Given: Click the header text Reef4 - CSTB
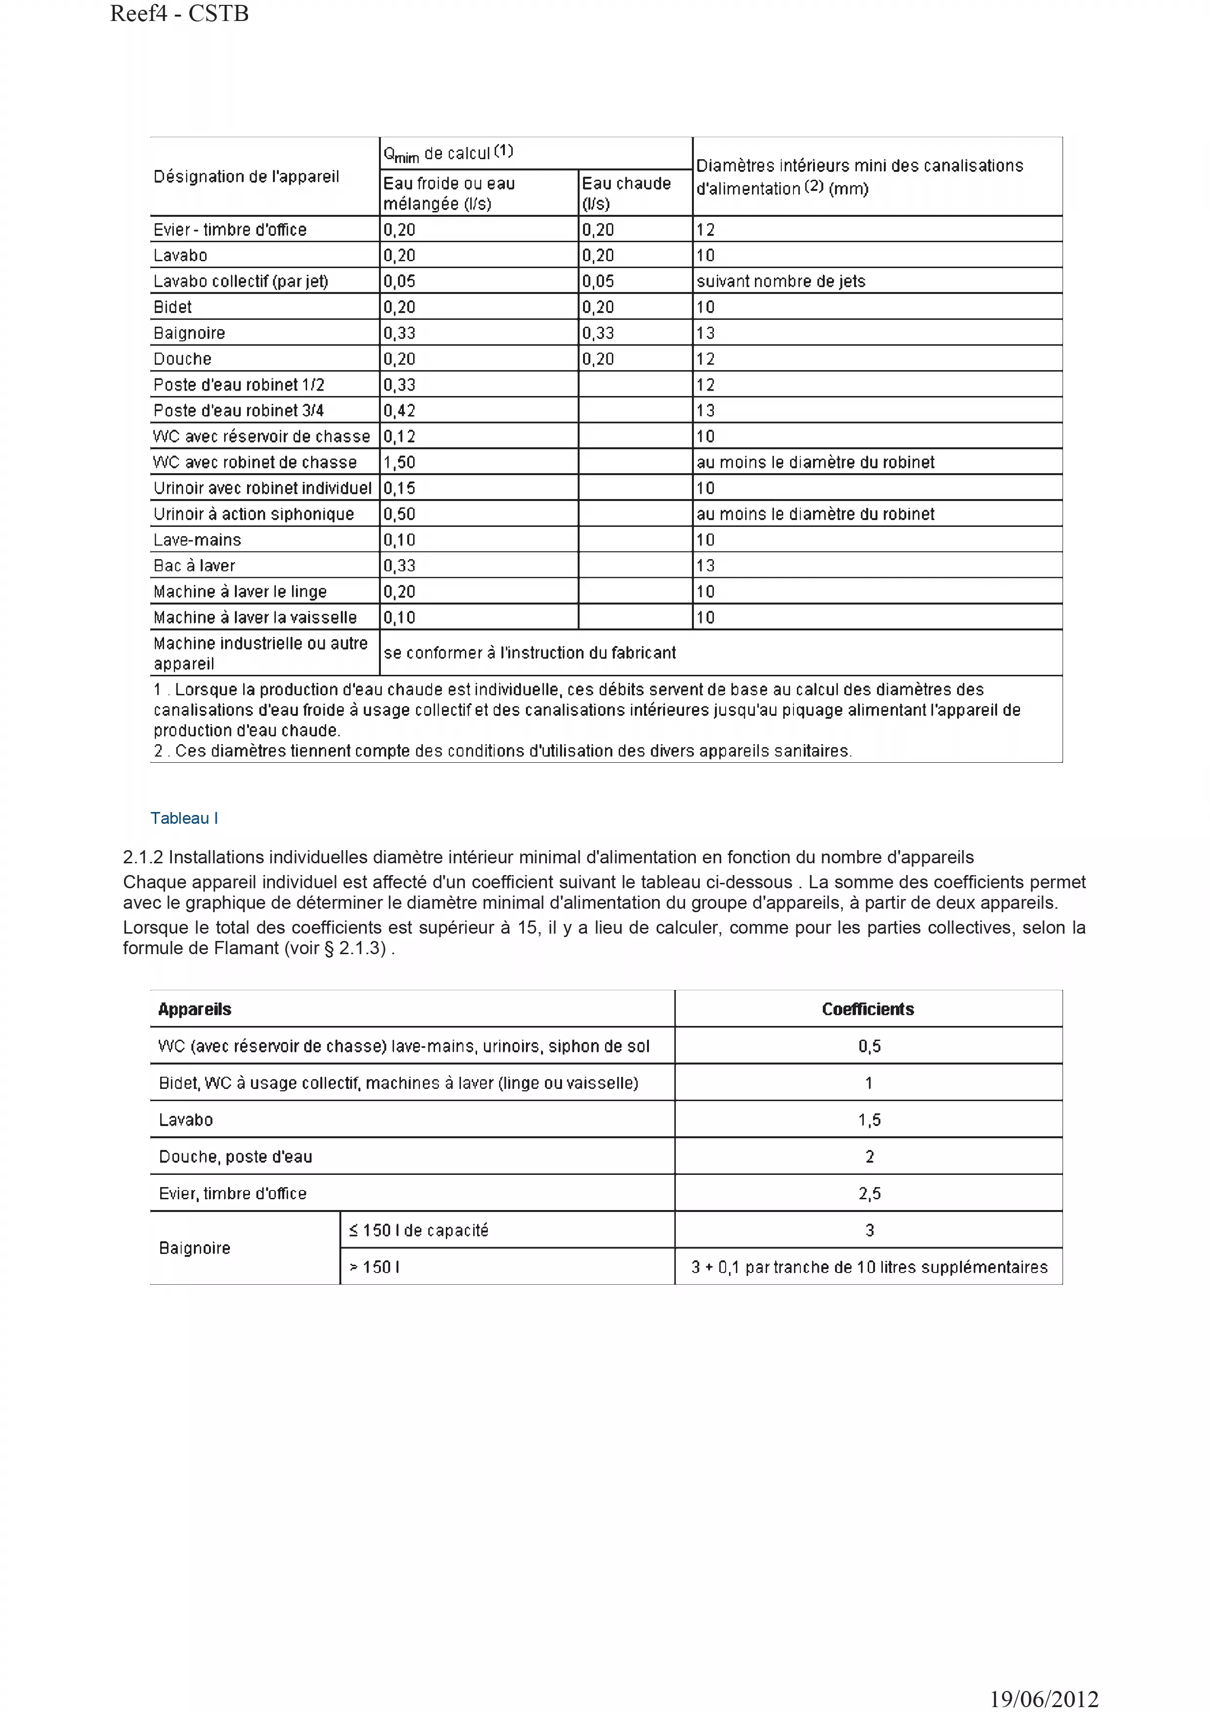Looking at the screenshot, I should coord(179,13).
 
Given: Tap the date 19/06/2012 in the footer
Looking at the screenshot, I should coord(1044,1699).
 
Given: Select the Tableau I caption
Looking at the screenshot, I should coord(184,818).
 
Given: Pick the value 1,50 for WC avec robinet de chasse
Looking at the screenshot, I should coord(399,462).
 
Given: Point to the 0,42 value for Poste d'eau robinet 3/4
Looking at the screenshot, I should coord(399,411).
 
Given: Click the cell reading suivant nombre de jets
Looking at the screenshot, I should coord(781,281).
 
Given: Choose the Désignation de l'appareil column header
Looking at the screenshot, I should coord(246,177).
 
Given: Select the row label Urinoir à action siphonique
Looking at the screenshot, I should coord(253,514).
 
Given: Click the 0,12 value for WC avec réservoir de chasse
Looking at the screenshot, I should coord(399,436).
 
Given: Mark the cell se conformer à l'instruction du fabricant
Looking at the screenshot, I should coord(529,653).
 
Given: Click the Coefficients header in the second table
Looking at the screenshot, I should coord(868,1009).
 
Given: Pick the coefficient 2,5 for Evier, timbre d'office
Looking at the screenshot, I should coord(869,1193).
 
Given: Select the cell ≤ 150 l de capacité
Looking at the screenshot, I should coord(418,1231).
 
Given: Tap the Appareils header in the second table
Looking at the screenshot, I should coord(194,1009).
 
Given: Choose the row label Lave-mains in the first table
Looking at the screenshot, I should coord(197,540).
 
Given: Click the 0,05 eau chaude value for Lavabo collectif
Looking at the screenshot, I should coord(598,281).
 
